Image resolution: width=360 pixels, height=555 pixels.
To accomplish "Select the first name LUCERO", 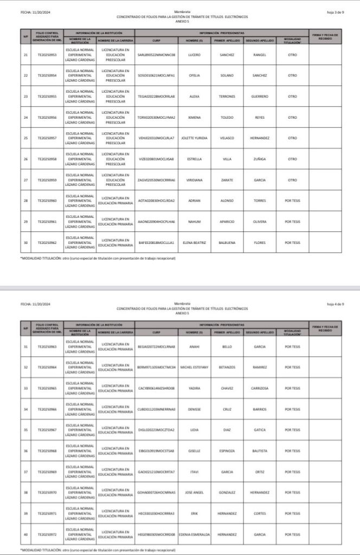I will tap(194, 55).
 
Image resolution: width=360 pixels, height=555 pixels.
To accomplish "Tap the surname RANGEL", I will tap(260, 55).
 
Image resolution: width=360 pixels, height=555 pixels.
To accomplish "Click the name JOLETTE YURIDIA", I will tap(194, 138).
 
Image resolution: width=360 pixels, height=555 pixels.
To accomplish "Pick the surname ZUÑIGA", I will tap(260, 159).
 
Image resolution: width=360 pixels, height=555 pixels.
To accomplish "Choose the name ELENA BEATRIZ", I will tap(194, 242).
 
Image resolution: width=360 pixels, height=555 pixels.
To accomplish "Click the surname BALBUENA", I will tap(227, 242).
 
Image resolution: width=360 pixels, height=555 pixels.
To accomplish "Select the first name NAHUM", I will tap(194, 222).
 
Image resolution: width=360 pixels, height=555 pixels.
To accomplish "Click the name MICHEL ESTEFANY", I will tap(194, 367).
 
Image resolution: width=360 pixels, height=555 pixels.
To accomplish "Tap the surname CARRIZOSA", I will tap(260, 388).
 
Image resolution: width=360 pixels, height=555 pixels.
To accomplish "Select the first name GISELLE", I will tap(194, 450).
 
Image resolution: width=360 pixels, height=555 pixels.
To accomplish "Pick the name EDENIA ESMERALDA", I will tap(194, 534).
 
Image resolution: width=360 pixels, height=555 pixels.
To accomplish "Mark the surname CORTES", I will tap(260, 513).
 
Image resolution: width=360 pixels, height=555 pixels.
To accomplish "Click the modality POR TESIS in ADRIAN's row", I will tap(292, 201).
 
